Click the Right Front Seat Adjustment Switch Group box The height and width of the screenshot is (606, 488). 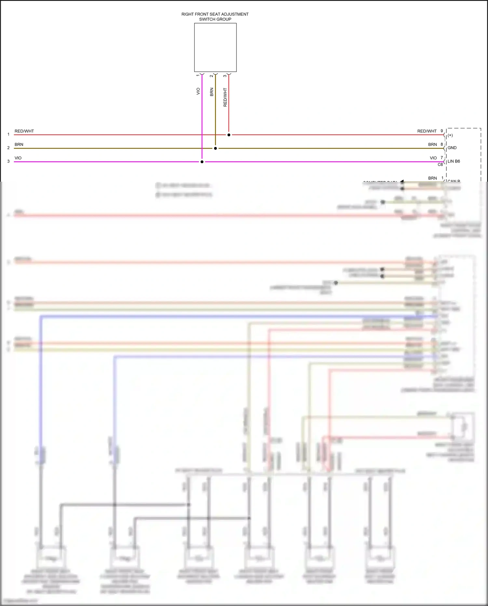pyautogui.click(x=215, y=48)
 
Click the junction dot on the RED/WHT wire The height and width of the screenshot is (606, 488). pyautogui.click(x=229, y=135)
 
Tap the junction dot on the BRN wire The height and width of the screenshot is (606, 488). pyautogui.click(x=215, y=148)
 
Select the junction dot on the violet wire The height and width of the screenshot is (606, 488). pyautogui.click(x=202, y=162)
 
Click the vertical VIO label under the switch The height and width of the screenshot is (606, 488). pyautogui.click(x=198, y=91)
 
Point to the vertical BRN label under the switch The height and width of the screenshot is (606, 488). pyautogui.click(x=212, y=92)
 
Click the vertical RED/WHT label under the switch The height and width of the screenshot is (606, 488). pyautogui.click(x=225, y=97)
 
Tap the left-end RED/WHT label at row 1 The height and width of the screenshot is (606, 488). pyautogui.click(x=24, y=131)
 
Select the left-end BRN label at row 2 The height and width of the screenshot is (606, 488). pyautogui.click(x=19, y=145)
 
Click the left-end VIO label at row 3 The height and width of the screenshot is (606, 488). pyautogui.click(x=18, y=158)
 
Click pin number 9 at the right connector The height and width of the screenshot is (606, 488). pyautogui.click(x=442, y=131)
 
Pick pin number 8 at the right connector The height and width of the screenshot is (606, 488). pyautogui.click(x=442, y=144)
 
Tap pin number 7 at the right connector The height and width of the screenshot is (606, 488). pyautogui.click(x=442, y=158)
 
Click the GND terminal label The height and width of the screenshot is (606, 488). pyautogui.click(x=452, y=148)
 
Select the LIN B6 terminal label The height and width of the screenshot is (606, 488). pyautogui.click(x=454, y=161)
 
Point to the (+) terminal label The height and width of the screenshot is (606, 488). pyautogui.click(x=450, y=135)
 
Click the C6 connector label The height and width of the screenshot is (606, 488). pyautogui.click(x=440, y=165)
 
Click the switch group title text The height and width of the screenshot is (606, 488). pyautogui.click(x=215, y=17)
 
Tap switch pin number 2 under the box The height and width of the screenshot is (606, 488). pyautogui.click(x=211, y=76)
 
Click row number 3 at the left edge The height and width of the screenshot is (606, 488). pyautogui.click(x=8, y=161)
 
